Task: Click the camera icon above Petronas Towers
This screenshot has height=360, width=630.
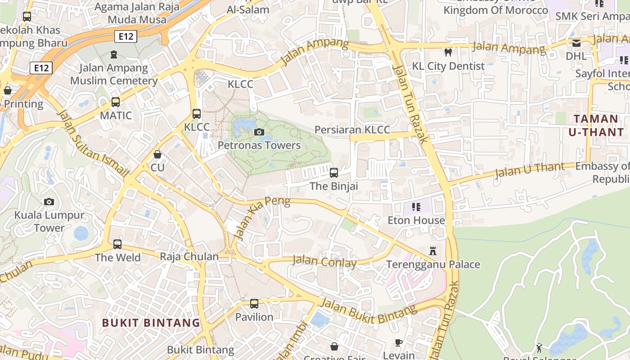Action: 259,132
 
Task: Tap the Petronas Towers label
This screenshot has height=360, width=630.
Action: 259,145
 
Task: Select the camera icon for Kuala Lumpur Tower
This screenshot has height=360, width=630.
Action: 49,202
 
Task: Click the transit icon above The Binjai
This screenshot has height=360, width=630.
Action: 333,173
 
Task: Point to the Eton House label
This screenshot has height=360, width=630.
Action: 416,220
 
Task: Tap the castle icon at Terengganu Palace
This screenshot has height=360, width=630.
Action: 433,251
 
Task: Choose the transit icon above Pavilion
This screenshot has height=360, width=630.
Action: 254,304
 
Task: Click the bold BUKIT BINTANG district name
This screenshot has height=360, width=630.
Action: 151,323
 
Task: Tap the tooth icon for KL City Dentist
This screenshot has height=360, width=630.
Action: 448,52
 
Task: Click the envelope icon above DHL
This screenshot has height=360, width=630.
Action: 576,43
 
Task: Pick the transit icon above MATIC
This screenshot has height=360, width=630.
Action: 116,102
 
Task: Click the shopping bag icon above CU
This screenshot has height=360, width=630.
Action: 157,154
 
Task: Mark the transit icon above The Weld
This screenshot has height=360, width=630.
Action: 117,244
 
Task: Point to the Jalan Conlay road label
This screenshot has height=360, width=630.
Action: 324,261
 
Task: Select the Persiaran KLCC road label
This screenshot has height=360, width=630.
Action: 352,130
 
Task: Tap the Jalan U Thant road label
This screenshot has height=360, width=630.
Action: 529,171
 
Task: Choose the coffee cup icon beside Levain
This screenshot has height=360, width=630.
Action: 399,343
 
